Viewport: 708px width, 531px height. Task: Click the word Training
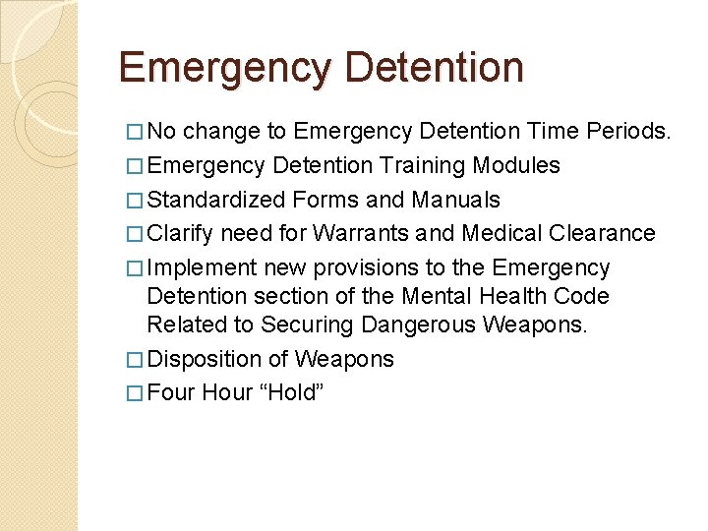[421, 165]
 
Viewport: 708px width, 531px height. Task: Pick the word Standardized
[216, 201]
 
